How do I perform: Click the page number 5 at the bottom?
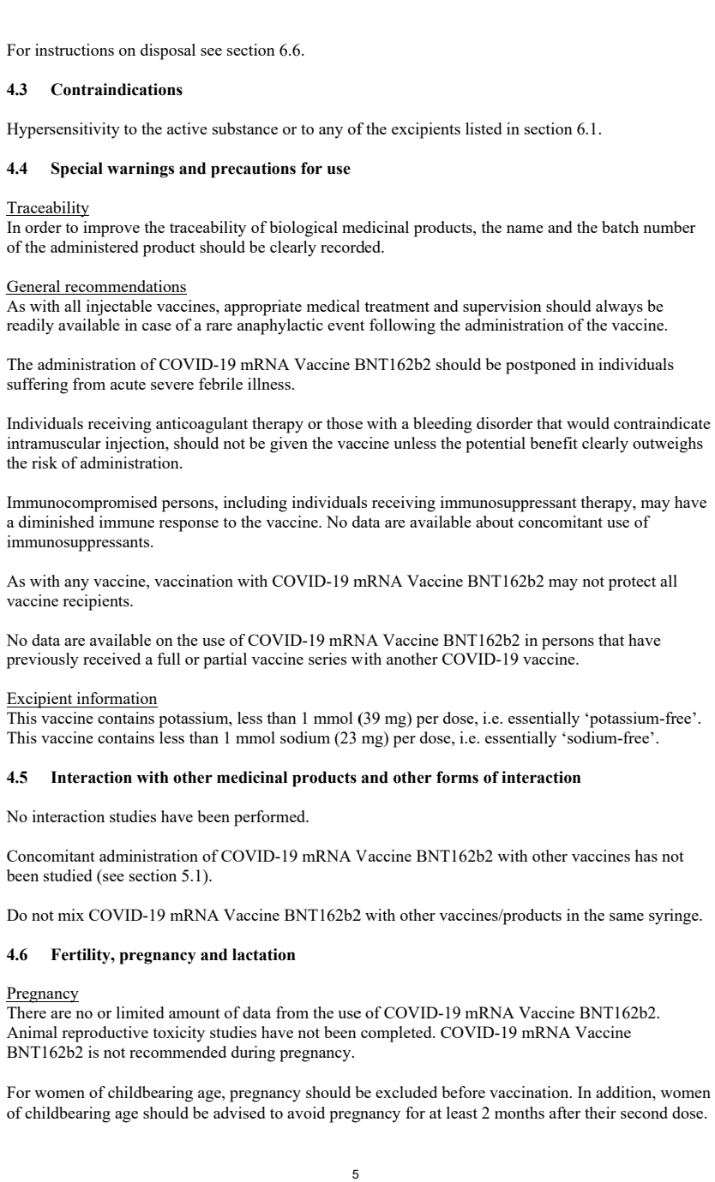(x=357, y=1149)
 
